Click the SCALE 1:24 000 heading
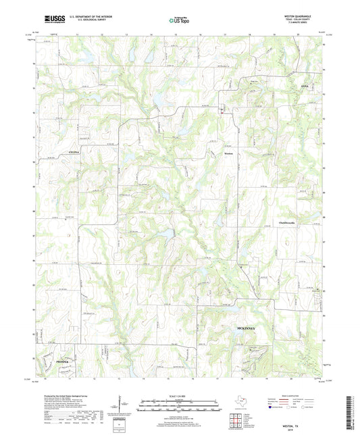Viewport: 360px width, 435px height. coord(180,395)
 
